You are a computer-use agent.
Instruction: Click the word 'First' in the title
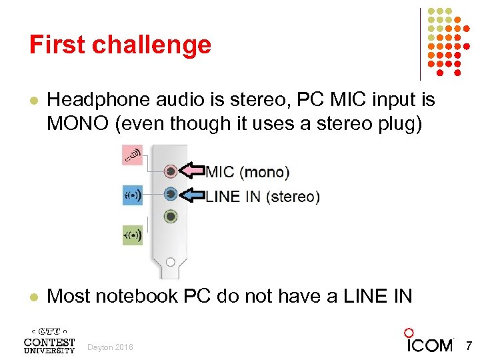[x=57, y=45]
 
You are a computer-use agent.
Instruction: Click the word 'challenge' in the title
[x=151, y=45]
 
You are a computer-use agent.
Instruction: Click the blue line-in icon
[x=132, y=196]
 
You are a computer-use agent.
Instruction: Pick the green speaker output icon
[x=132, y=235]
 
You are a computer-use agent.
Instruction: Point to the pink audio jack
[x=171, y=171]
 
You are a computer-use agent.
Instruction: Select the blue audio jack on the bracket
[x=171, y=194]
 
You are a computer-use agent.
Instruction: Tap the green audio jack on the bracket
[x=171, y=216]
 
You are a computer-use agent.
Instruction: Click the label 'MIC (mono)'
[x=247, y=172]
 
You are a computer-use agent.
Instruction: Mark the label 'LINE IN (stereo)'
[x=263, y=196]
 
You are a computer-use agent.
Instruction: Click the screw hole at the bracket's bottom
[x=171, y=262]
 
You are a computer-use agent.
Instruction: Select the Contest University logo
[x=49, y=339]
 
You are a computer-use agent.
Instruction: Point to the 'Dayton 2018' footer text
[x=111, y=347]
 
